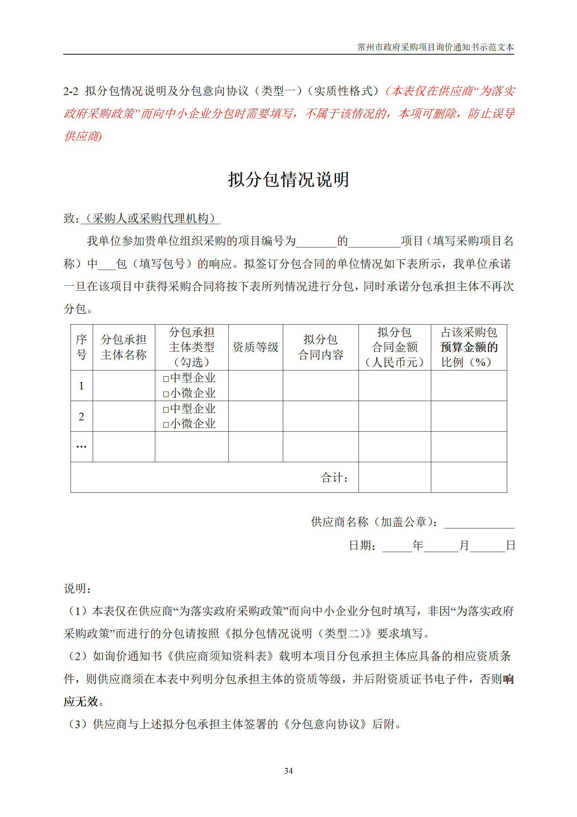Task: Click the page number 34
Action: tap(288, 770)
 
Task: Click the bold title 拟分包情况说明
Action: tap(288, 179)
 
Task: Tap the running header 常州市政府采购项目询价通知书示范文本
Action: tap(435, 47)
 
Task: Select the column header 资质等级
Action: tap(255, 347)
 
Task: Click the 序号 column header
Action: tap(81, 347)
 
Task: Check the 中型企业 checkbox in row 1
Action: tap(166, 379)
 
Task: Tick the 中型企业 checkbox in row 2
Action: tap(166, 410)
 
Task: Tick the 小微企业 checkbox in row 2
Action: tap(166, 425)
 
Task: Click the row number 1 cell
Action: tap(81, 386)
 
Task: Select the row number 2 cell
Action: tap(81, 416)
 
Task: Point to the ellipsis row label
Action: tap(81, 447)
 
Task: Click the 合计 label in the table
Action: tap(334, 477)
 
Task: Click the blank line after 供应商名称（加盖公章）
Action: tap(479, 523)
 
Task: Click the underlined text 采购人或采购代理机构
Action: tap(151, 218)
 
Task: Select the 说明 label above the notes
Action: tap(77, 588)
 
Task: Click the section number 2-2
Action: tap(71, 91)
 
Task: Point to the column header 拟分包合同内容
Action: tap(320, 347)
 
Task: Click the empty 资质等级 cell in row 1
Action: tap(255, 386)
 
